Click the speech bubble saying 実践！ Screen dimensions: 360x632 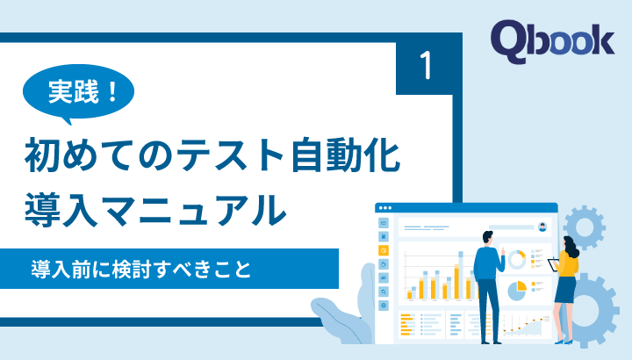tap(81, 92)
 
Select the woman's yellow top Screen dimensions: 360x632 tap(567, 263)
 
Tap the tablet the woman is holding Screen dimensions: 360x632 tap(553, 263)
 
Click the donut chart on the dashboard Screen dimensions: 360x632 tap(518, 259)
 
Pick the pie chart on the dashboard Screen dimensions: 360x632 tap(518, 287)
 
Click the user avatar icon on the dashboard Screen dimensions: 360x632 tap(543, 226)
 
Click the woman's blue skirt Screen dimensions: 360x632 tap(566, 290)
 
